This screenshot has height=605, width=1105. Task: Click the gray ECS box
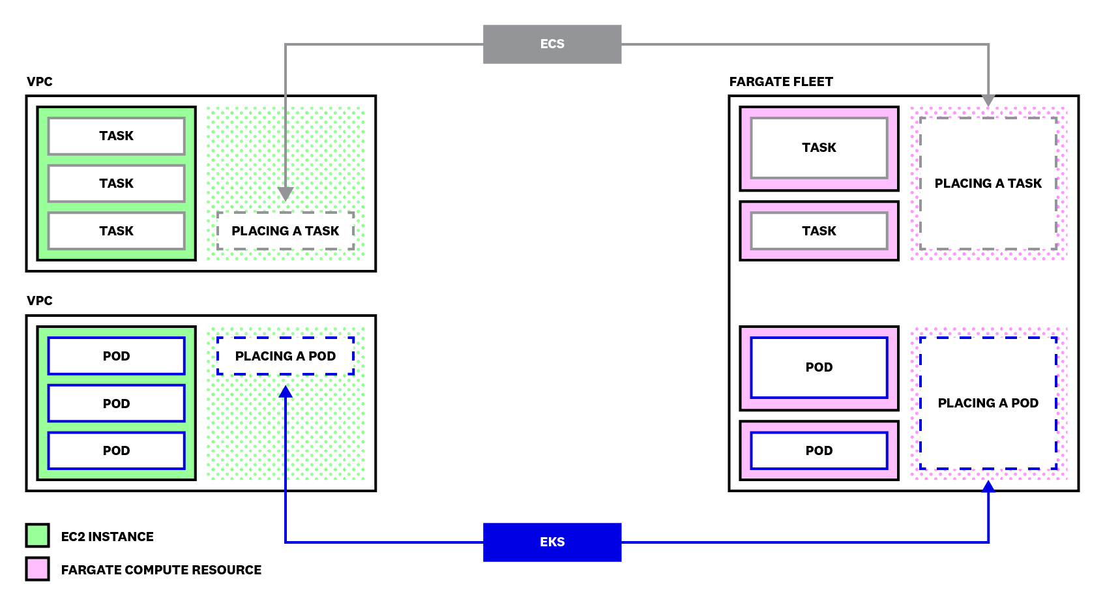552,44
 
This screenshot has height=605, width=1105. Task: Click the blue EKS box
552,542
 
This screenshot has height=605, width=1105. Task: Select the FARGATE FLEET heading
780,81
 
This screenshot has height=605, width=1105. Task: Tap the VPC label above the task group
39,81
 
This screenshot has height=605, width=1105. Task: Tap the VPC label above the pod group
39,301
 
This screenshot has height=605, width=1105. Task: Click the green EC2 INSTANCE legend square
38,535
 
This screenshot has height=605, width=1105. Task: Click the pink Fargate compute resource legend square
38,568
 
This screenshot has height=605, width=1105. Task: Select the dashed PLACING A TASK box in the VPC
285,231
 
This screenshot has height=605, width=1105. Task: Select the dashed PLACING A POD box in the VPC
285,356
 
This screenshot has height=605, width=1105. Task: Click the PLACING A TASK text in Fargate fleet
988,183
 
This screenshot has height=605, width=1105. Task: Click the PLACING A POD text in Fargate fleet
988,403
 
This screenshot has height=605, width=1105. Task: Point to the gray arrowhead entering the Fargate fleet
988,100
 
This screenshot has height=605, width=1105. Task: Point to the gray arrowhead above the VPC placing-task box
285,194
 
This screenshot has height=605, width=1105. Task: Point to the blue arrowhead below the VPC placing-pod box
285,391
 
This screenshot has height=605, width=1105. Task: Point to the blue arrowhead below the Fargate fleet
988,486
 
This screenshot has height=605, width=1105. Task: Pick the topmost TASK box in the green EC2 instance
116,136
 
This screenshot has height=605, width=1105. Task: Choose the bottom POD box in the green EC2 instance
116,450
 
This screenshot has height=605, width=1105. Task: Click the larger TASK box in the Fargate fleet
819,147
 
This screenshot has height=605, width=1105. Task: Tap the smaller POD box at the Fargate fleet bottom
819,450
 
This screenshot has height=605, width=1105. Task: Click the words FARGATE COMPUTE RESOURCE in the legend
161,570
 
